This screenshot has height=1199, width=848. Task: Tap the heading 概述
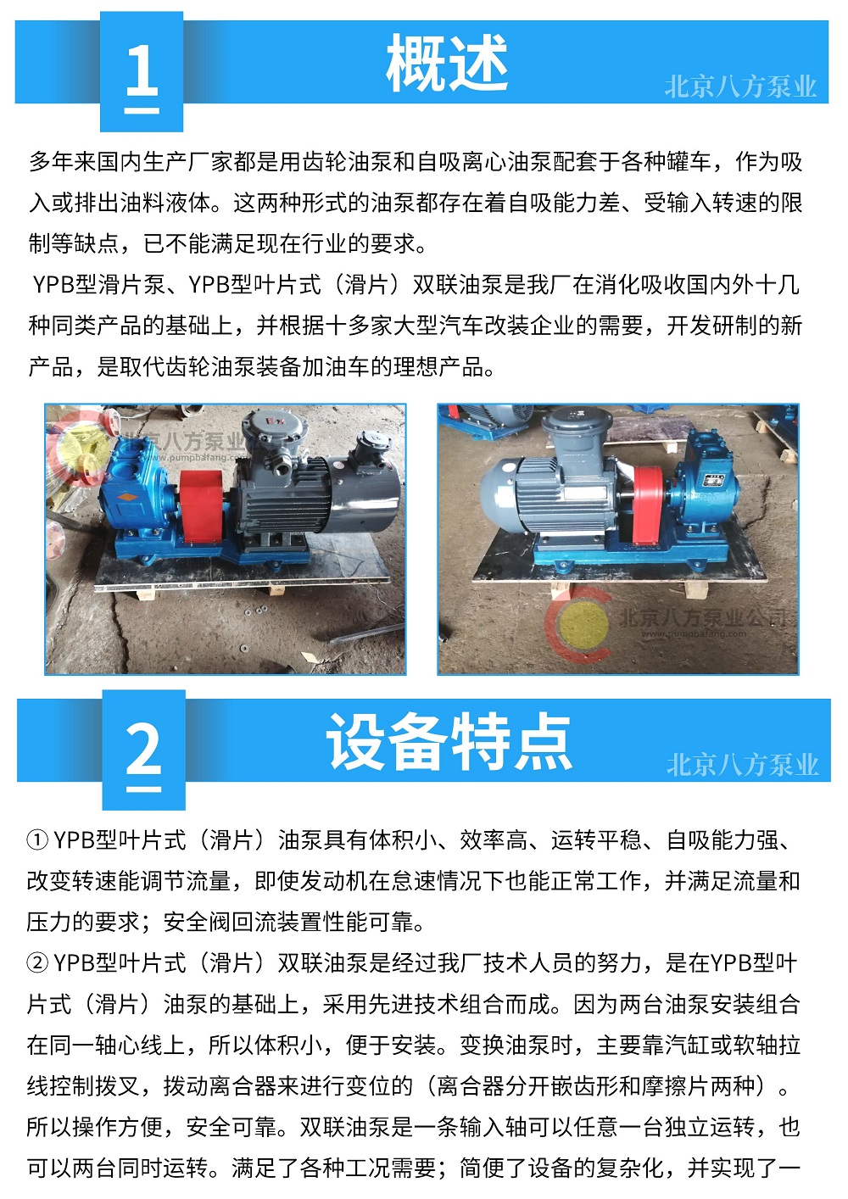point(447,63)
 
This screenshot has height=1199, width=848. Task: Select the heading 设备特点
point(449,741)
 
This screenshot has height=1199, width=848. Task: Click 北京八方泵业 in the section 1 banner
point(740,86)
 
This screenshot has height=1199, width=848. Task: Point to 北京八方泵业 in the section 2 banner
point(743,764)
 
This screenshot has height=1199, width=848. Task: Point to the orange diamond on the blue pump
point(126,496)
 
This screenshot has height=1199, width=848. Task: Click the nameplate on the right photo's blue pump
point(712,479)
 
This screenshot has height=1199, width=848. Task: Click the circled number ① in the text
point(37,839)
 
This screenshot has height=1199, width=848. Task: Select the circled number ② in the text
point(37,963)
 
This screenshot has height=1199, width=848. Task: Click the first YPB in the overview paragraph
point(53,284)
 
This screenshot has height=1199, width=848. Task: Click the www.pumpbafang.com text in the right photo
point(694,634)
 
